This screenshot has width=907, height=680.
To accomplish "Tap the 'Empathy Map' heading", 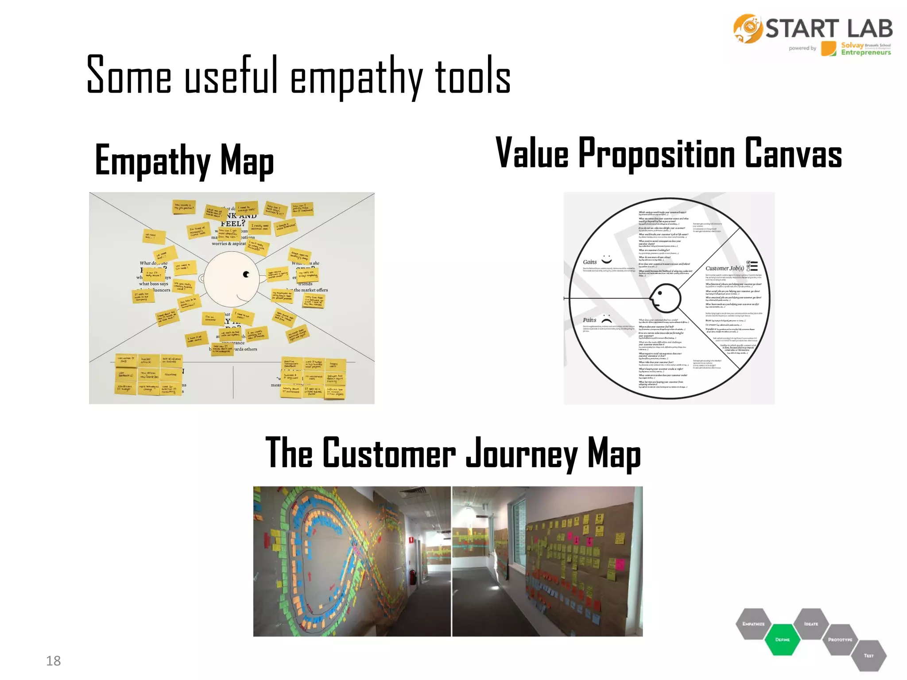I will point(184,160).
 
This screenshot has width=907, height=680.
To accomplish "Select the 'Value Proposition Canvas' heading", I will point(668,153).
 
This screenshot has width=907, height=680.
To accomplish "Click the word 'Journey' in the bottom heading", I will point(521,453).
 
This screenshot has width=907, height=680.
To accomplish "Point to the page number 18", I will point(53,661).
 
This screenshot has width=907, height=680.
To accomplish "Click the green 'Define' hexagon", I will point(783,639).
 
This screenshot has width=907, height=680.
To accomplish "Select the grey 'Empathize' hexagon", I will point(753,623).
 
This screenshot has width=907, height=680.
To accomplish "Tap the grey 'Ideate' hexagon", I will point(811,623).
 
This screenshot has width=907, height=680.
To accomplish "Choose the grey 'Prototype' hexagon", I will point(840,639).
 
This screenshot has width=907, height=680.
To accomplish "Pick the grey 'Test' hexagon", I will point(868,655).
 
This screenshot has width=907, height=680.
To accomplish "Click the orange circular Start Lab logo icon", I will point(748,29).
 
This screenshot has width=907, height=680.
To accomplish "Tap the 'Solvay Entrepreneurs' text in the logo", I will point(865,49).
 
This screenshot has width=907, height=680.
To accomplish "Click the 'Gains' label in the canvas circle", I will point(589,262).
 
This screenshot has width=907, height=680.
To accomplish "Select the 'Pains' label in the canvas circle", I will point(589,320).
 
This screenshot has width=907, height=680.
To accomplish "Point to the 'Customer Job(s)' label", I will point(725,268).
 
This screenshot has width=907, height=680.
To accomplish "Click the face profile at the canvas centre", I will point(664,298).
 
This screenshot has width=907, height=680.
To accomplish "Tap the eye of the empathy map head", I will point(246,274).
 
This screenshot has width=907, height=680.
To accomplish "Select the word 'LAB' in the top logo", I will point(869,29).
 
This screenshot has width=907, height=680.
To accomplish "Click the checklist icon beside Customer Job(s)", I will point(752,266).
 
